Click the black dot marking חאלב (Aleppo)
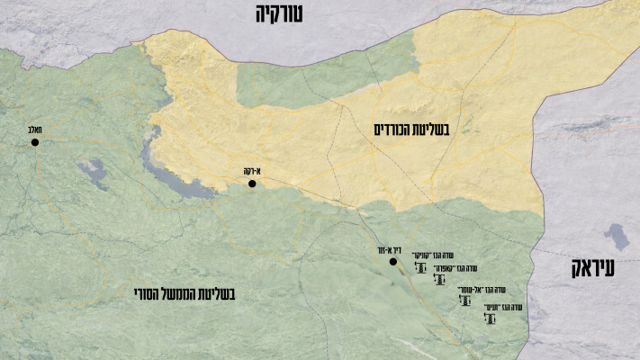point(35,142)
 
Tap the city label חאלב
point(35,130)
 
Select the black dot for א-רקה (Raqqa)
point(252,184)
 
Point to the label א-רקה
point(251,171)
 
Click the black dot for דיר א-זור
point(392,262)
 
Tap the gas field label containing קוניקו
point(429,256)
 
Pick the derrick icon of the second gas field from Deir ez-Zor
point(439,280)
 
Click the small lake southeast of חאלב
point(91,169)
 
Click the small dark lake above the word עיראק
point(617,238)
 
